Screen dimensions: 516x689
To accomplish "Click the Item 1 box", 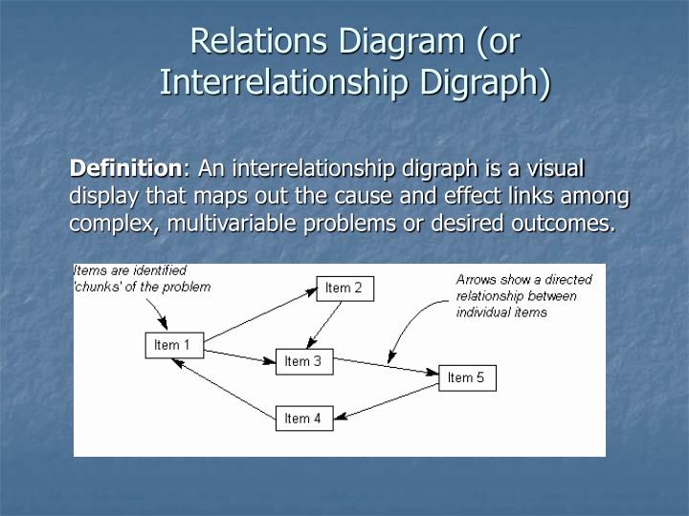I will pyautogui.click(x=173, y=345).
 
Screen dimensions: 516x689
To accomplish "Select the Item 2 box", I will pyautogui.click(x=344, y=288).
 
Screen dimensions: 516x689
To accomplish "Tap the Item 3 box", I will pyautogui.click(x=303, y=361).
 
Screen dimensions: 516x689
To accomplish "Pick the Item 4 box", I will pyautogui.click(x=303, y=419).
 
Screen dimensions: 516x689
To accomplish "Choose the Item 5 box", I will pyautogui.click(x=466, y=377).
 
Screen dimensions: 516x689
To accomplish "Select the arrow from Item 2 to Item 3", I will pyautogui.click(x=325, y=325).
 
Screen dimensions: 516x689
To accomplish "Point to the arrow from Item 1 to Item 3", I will pyautogui.click(x=239, y=355).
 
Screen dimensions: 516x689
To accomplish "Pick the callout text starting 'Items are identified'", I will pyautogui.click(x=131, y=271).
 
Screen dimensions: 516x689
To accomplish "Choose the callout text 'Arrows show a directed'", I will pyautogui.click(x=523, y=280).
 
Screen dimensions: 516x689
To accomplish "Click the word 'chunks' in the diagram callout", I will pyautogui.click(x=101, y=287).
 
